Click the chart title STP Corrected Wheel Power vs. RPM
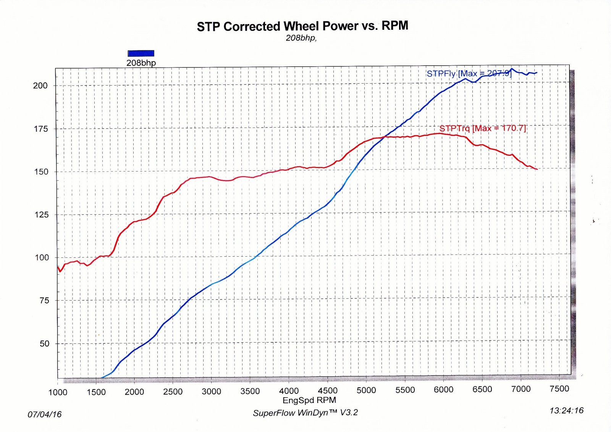[302, 26]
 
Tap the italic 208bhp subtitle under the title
[301, 38]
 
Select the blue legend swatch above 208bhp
[141, 53]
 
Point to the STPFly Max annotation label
[469, 73]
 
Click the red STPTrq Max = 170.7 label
[483, 128]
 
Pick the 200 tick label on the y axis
[40, 86]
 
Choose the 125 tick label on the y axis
[41, 215]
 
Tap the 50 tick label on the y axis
[44, 344]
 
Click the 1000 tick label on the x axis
[58, 392]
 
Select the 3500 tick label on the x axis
[250, 392]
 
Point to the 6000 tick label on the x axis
[443, 390]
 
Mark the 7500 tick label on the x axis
[559, 389]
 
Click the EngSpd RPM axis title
[309, 400]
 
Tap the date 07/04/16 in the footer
[44, 414]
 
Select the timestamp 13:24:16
[566, 411]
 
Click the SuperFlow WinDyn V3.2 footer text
[305, 413]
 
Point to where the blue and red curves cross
[385, 137]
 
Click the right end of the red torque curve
[537, 169]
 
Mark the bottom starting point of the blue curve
[102, 378]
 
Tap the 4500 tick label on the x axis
[328, 391]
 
